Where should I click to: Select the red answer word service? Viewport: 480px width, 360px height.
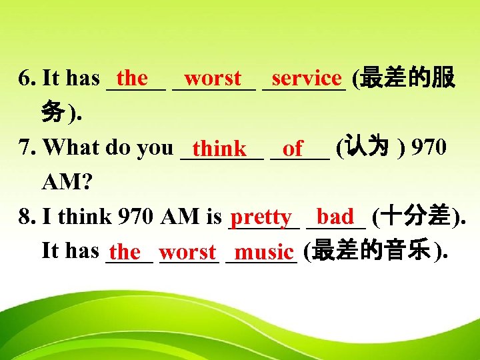[307, 78]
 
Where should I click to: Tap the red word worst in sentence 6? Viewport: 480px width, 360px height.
[213, 78]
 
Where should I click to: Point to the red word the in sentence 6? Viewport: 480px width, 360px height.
[132, 78]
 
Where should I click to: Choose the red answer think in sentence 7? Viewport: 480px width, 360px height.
[221, 148]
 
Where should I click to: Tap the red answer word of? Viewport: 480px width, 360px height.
[293, 148]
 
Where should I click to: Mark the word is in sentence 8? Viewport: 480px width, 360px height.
[215, 216]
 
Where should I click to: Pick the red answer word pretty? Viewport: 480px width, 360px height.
[260, 217]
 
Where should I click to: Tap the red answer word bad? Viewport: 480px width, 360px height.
[335, 216]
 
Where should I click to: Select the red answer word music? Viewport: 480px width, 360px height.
[264, 252]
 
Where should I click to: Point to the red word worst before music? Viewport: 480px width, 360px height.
[188, 252]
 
